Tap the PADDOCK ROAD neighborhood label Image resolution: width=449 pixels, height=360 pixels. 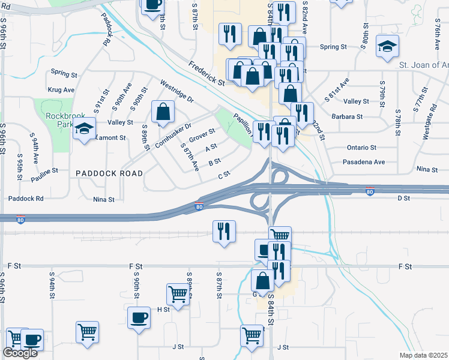point(109,173)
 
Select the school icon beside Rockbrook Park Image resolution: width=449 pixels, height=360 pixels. point(84,129)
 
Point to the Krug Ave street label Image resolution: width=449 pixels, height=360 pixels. point(61,90)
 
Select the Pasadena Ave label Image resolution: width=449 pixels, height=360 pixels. point(363,162)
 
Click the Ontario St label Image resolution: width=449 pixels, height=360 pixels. point(361,148)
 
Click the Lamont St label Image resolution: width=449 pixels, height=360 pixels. point(112,137)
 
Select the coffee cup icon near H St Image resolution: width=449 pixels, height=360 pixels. point(139,317)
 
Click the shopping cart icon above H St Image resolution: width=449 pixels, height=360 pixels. point(178,295)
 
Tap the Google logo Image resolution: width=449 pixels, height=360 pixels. point(20,353)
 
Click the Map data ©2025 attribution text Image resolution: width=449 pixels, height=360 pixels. point(423,355)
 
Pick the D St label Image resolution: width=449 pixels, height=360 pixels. point(403,197)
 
